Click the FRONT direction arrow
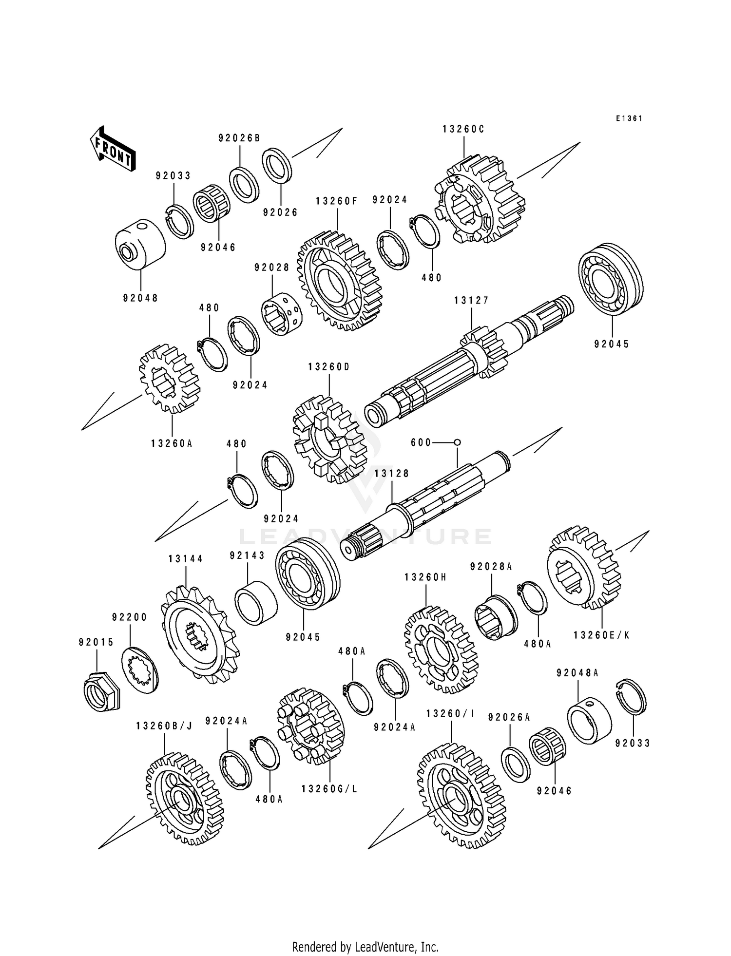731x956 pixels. point(112,149)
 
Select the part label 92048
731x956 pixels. point(141,298)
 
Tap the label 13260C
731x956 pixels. point(464,129)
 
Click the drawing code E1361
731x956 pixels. point(629,118)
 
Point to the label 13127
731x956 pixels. point(472,301)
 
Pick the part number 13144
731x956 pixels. point(186,559)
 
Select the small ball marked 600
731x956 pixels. point(457,442)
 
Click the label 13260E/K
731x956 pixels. point(602,635)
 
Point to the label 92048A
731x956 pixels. point(577,673)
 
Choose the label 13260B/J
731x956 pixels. point(164,726)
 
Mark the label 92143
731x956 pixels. point(247,555)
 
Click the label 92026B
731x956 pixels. point(239,138)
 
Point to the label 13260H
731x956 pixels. point(426,577)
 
